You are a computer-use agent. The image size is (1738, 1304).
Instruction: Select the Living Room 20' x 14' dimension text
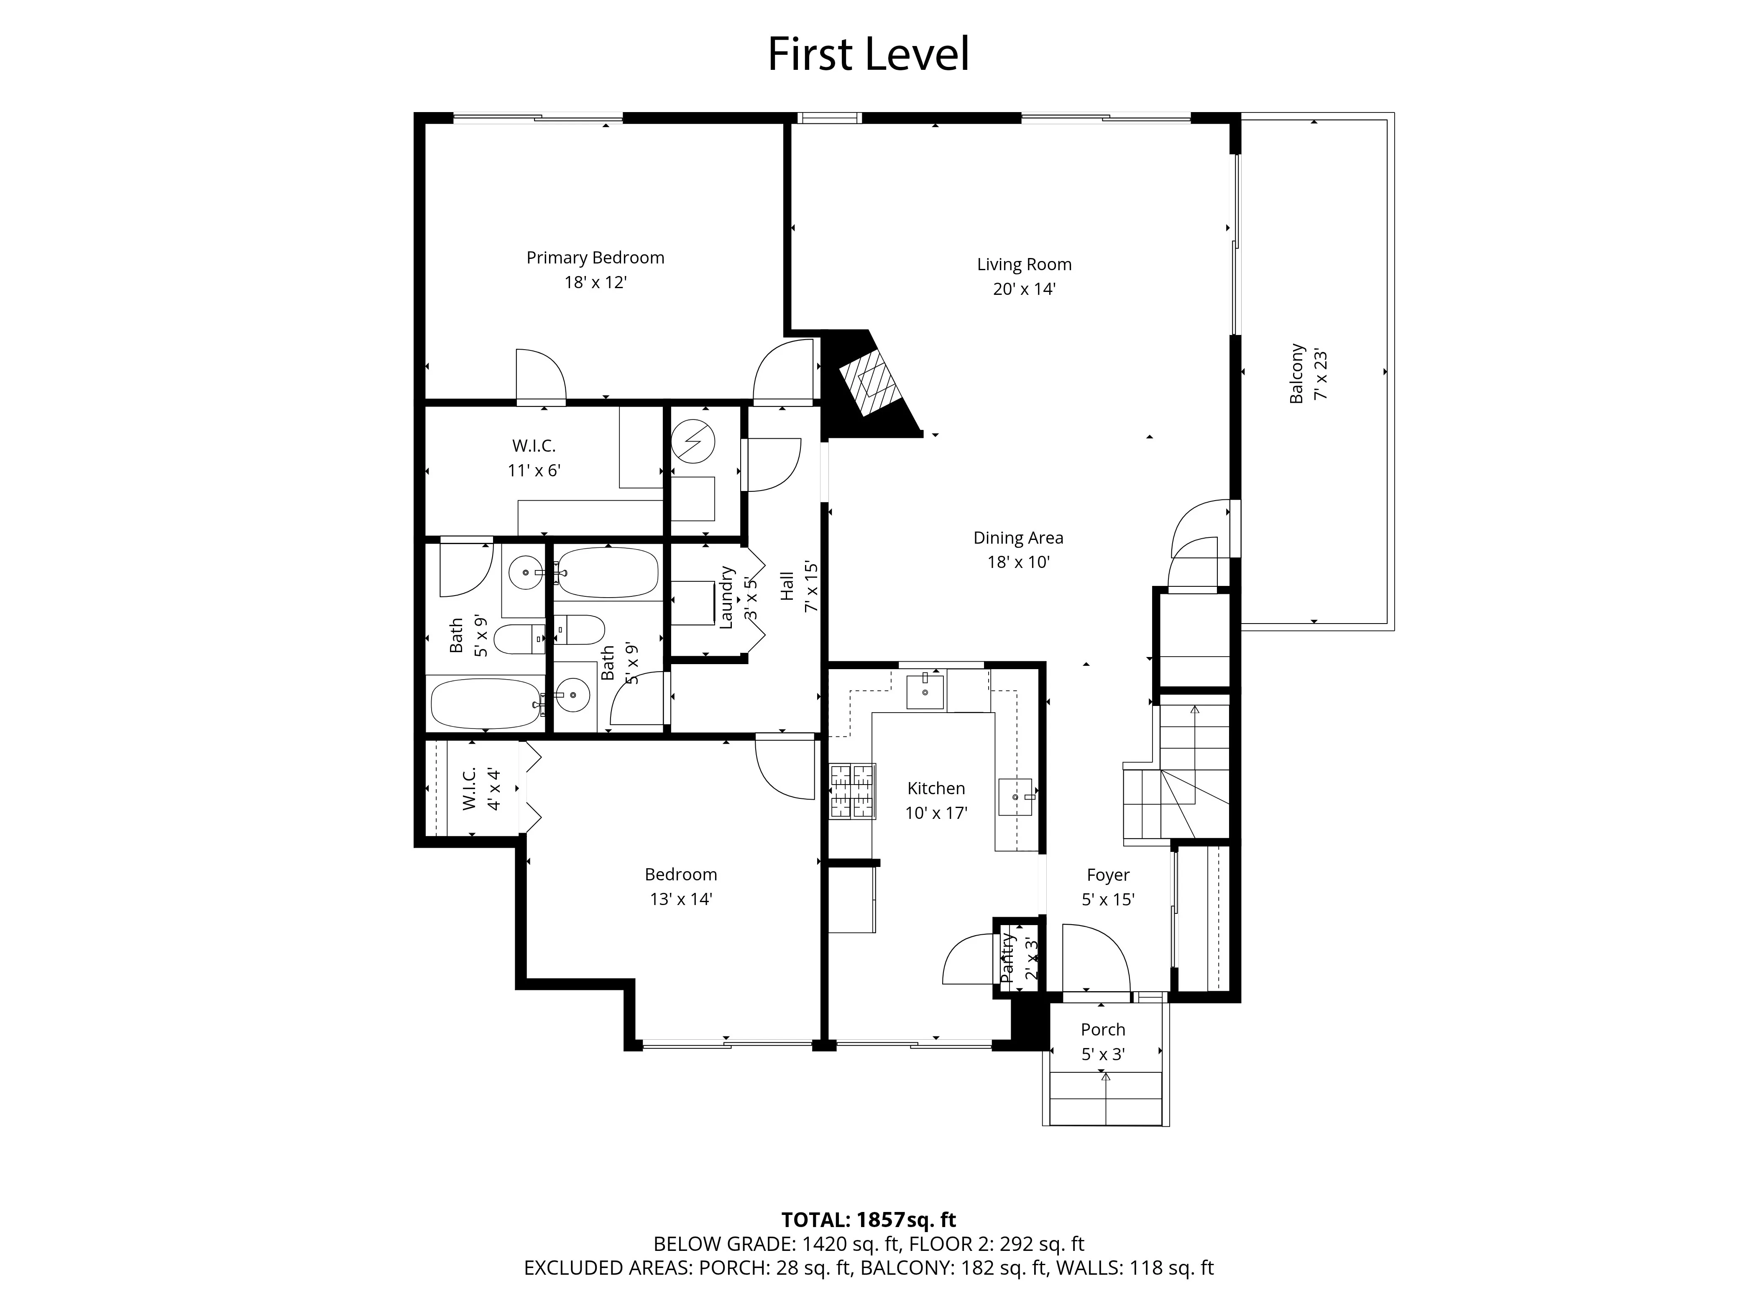click(1024, 289)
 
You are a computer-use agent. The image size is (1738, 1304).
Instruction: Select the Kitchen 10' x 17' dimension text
click(936, 813)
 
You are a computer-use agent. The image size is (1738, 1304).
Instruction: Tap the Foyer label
click(1108, 875)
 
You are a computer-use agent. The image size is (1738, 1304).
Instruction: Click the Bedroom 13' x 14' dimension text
click(680, 900)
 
